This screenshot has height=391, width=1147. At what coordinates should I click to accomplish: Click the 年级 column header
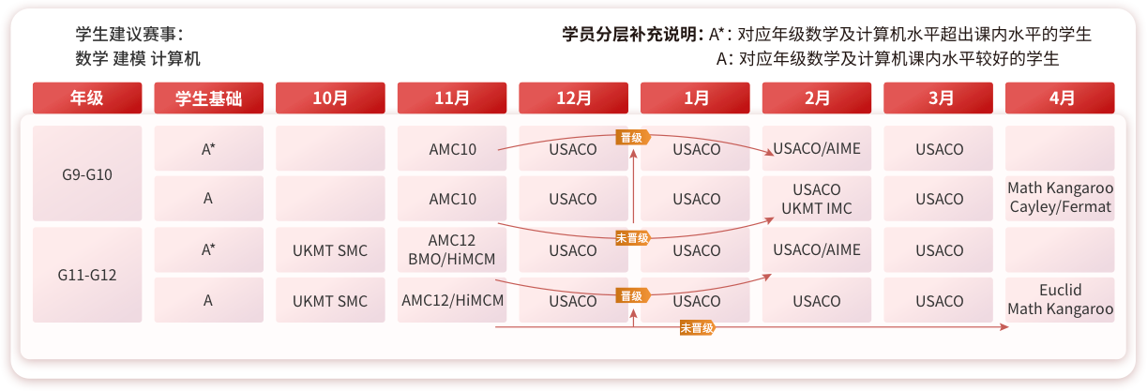pyautogui.click(x=87, y=98)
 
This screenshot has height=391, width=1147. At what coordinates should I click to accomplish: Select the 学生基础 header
pyautogui.click(x=208, y=98)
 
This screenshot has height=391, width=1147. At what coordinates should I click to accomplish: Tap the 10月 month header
pyautogui.click(x=330, y=98)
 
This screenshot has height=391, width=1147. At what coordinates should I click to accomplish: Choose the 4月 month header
pyautogui.click(x=1060, y=98)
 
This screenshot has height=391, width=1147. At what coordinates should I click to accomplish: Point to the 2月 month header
pyautogui.click(x=817, y=98)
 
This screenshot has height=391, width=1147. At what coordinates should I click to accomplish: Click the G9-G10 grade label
pyautogui.click(x=87, y=173)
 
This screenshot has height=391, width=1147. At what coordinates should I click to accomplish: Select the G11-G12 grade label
pyautogui.click(x=87, y=276)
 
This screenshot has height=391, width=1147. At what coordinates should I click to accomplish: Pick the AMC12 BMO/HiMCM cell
pyautogui.click(x=453, y=249)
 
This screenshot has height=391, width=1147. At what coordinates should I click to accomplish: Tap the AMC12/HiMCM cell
pyautogui.click(x=453, y=301)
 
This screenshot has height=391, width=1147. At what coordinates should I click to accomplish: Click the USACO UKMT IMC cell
pyautogui.click(x=817, y=199)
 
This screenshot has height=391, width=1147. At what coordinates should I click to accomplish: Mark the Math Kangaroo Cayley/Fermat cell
pyautogui.click(x=1060, y=199)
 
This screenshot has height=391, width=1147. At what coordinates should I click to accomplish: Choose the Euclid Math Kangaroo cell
pyautogui.click(x=1060, y=300)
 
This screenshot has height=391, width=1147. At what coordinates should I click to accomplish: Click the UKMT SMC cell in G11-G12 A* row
pyautogui.click(x=330, y=250)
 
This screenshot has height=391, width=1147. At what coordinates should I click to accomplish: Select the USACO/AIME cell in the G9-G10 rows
pyautogui.click(x=817, y=148)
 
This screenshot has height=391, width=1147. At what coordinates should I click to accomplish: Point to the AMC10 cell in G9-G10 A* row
pyautogui.click(x=453, y=148)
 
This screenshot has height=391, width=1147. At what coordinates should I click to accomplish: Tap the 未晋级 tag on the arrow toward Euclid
pyautogui.click(x=697, y=327)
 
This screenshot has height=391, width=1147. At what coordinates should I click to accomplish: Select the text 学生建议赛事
pyautogui.click(x=129, y=35)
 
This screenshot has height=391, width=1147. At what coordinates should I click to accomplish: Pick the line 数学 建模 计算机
pyautogui.click(x=138, y=58)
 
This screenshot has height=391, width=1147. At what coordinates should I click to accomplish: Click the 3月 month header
pyautogui.click(x=939, y=98)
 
